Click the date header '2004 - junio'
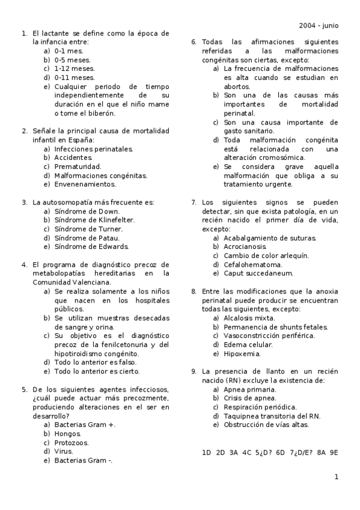318,25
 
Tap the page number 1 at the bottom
337,477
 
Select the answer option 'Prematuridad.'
78,167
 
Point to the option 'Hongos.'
68,434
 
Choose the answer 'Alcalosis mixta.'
249,318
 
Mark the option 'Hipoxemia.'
242,353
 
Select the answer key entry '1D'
207,452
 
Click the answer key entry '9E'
334,452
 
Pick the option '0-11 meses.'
75,78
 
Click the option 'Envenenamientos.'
85,184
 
